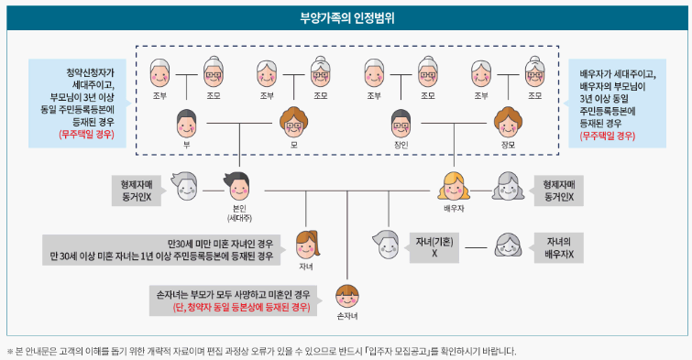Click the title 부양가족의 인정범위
pos(346,18)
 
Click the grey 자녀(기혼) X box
pos(434,245)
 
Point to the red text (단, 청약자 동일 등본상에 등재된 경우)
pos(241,308)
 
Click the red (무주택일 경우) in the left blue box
pos(85,134)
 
